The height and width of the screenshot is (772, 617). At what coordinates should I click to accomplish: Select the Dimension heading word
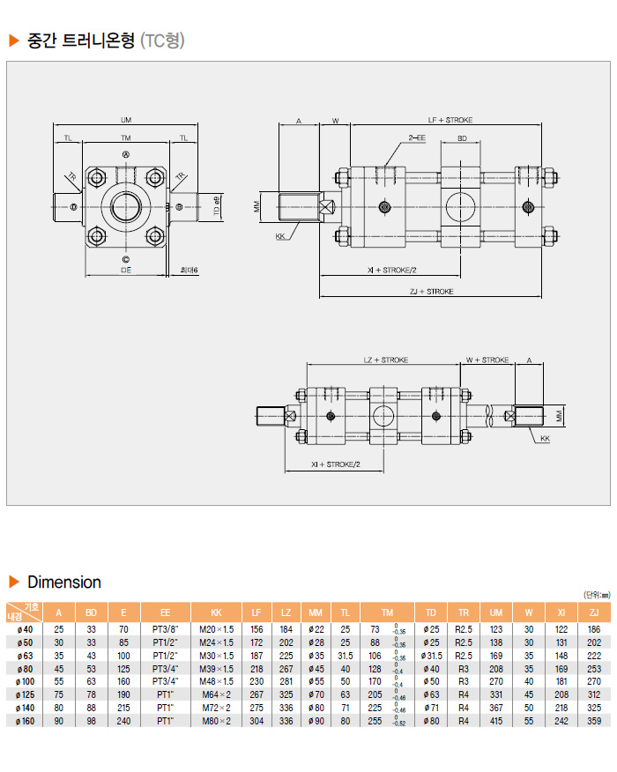64,583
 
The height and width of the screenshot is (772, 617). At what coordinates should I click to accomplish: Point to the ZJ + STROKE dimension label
432,291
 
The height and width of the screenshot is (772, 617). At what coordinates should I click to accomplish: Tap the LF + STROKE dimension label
450,119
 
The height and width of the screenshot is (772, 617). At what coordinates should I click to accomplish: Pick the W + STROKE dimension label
487,360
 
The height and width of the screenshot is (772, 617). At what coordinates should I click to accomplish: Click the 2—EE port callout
416,138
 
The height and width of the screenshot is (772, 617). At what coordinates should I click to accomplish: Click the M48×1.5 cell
216,681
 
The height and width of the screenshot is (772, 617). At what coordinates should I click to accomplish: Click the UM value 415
496,720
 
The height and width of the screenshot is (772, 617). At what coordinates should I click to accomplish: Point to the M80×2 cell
216,720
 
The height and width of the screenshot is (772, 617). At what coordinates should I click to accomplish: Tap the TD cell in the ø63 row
431,656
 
